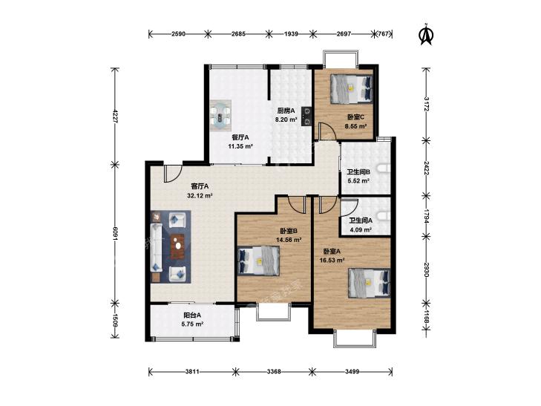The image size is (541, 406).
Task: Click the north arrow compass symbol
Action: tap(427, 34)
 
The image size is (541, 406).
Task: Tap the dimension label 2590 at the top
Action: tap(178, 34)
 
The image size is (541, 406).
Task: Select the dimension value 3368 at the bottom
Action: tap(274, 372)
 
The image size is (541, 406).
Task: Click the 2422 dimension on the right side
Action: tap(427, 168)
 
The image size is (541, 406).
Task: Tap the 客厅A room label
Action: tap(200, 186)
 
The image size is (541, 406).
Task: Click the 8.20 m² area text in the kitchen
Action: tap(286, 119)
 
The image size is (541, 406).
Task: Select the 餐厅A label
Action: tap(240, 137)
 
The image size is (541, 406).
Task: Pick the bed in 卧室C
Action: tap(352, 89)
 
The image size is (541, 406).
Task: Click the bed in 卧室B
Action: tap(259, 260)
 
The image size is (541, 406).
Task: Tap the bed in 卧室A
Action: tap(370, 283)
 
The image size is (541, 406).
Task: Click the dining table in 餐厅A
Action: tap(221, 116)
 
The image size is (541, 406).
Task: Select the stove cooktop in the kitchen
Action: tap(306, 116)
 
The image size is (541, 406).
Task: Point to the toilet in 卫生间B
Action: tap(384, 168)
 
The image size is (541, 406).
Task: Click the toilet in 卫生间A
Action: tap(384, 216)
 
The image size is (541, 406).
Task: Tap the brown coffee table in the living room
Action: tap(178, 246)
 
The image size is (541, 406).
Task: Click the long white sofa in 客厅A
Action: tap(157, 247)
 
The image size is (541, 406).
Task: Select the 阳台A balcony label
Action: tap(192, 315)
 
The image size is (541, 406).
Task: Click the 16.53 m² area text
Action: tap(332, 260)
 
